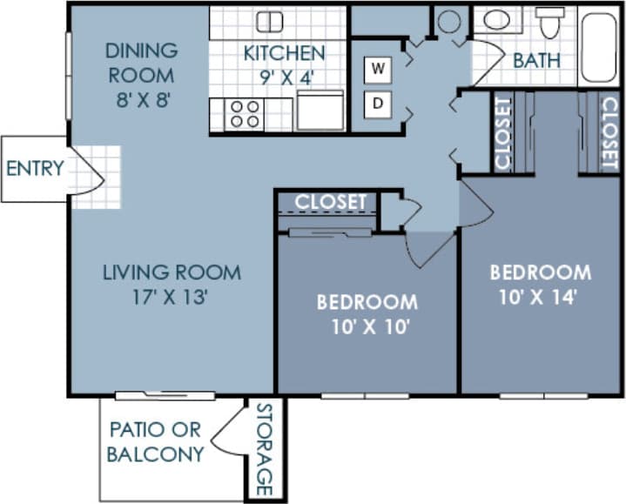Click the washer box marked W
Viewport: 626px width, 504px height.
point(378,68)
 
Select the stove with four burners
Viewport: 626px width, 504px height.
point(246,114)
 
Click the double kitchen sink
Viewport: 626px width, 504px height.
point(269,22)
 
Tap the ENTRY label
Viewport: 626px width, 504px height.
point(35,169)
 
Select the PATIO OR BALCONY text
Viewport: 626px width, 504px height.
point(157,441)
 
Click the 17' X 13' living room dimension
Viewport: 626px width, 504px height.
point(172,297)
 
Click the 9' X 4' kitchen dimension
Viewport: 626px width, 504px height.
point(284,76)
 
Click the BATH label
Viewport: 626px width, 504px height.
point(536,61)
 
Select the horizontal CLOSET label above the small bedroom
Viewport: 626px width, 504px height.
point(330,202)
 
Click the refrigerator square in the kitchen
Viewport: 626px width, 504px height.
point(320,110)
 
